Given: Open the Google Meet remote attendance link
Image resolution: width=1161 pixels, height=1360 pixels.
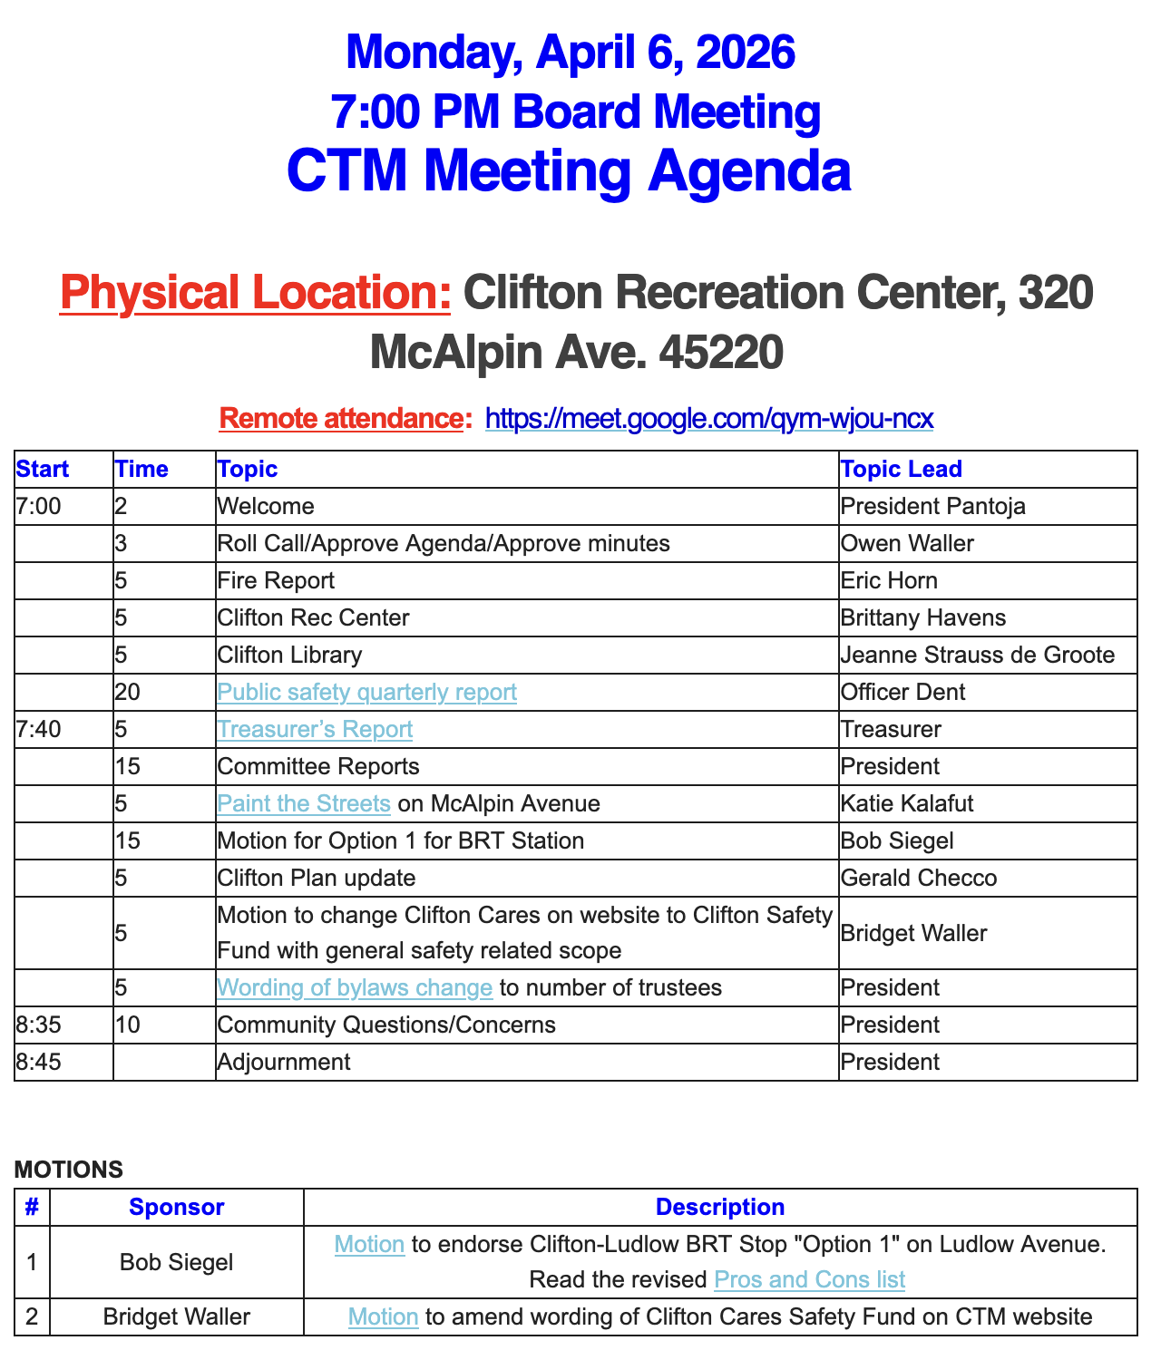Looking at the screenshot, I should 709,419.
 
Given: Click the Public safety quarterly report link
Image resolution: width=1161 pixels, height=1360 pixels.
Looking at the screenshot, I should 366,693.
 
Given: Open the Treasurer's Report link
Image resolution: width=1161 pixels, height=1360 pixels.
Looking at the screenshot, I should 315,730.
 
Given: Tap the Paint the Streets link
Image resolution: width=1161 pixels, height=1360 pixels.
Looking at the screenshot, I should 304,804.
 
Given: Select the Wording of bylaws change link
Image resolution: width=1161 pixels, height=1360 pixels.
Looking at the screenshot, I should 355,987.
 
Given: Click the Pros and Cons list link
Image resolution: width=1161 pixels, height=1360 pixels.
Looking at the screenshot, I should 809,1279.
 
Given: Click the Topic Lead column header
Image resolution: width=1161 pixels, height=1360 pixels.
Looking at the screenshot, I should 901,469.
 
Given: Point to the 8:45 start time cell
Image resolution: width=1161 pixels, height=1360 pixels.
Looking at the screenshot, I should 39,1062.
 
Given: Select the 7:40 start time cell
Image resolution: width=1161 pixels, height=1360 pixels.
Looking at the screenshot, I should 39,730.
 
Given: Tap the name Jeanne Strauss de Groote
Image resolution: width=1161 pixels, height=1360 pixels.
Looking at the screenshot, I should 977,656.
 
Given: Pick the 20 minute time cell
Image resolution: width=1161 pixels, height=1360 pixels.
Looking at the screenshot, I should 128,693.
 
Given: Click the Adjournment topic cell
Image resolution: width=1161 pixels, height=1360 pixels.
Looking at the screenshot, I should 284,1062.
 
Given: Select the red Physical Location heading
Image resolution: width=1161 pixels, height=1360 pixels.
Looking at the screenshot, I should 255,293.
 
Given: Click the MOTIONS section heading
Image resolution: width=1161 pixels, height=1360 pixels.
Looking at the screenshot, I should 69,1170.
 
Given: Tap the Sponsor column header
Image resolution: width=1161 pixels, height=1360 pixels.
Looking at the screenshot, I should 176,1207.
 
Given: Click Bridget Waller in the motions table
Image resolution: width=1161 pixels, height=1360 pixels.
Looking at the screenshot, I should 176,1316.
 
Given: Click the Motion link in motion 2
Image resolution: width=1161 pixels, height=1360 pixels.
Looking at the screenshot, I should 383,1316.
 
